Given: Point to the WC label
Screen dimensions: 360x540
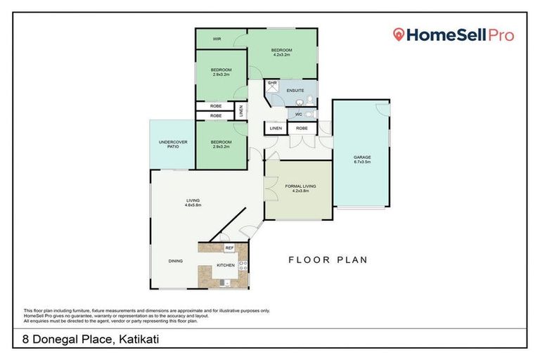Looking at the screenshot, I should [x=298, y=114].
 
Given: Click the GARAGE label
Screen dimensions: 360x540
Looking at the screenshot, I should [x=362, y=157].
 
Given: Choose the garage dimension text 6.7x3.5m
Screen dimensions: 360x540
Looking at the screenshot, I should [x=362, y=162].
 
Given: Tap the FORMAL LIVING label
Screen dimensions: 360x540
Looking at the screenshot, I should [x=300, y=186].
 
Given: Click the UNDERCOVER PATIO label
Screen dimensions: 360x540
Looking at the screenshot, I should [x=168, y=143].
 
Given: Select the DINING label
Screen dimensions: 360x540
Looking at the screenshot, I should [x=176, y=261].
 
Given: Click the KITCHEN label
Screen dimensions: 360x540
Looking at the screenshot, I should [x=225, y=265].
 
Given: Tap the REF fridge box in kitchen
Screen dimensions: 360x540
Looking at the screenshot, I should [x=229, y=248].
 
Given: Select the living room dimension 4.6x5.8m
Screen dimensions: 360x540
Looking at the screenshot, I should [x=193, y=205].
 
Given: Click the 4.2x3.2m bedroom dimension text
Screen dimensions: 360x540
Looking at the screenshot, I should [x=281, y=55].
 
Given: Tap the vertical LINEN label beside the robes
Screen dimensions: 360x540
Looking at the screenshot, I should [x=241, y=110].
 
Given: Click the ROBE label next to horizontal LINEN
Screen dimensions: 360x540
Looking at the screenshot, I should [x=301, y=129].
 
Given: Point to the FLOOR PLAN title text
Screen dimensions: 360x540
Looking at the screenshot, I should [x=328, y=259].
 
